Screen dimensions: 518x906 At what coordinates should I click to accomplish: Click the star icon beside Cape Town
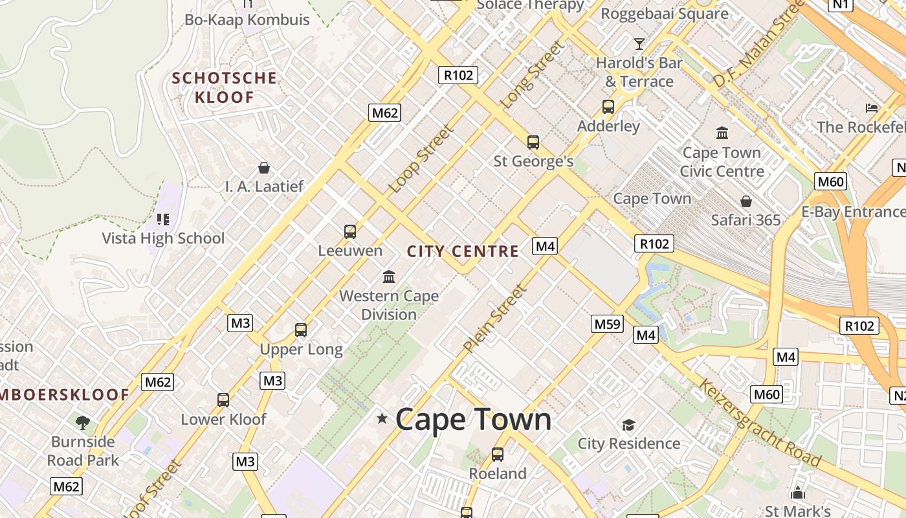tap(382, 419)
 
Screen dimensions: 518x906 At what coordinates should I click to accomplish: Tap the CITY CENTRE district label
tap(463, 251)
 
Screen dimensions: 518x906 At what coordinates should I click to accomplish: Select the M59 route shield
tap(607, 324)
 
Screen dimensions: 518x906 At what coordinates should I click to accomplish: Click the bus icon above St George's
tap(533, 142)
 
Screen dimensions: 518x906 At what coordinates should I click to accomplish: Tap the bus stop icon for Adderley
tap(608, 107)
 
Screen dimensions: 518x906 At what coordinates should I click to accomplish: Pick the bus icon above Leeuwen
tap(350, 231)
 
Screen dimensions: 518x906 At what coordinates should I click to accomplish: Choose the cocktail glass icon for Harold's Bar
tap(639, 44)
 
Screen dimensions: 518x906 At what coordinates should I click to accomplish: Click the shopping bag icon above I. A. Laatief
tap(264, 168)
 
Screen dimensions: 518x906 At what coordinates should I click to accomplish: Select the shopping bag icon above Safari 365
tap(746, 201)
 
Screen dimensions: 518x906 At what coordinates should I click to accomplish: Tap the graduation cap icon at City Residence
tap(628, 425)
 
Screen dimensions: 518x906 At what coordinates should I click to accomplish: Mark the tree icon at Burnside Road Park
tap(82, 423)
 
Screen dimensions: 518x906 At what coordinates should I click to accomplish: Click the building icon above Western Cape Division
tap(389, 277)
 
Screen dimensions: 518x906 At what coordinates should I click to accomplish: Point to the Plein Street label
tap(495, 319)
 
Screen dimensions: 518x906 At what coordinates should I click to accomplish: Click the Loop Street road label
tap(421, 159)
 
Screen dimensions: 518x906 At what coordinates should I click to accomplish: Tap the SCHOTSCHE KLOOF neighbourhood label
tap(224, 87)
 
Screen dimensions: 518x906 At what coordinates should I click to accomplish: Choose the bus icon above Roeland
tap(498, 455)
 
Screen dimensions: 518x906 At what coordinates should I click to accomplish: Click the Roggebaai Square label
tap(665, 14)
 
